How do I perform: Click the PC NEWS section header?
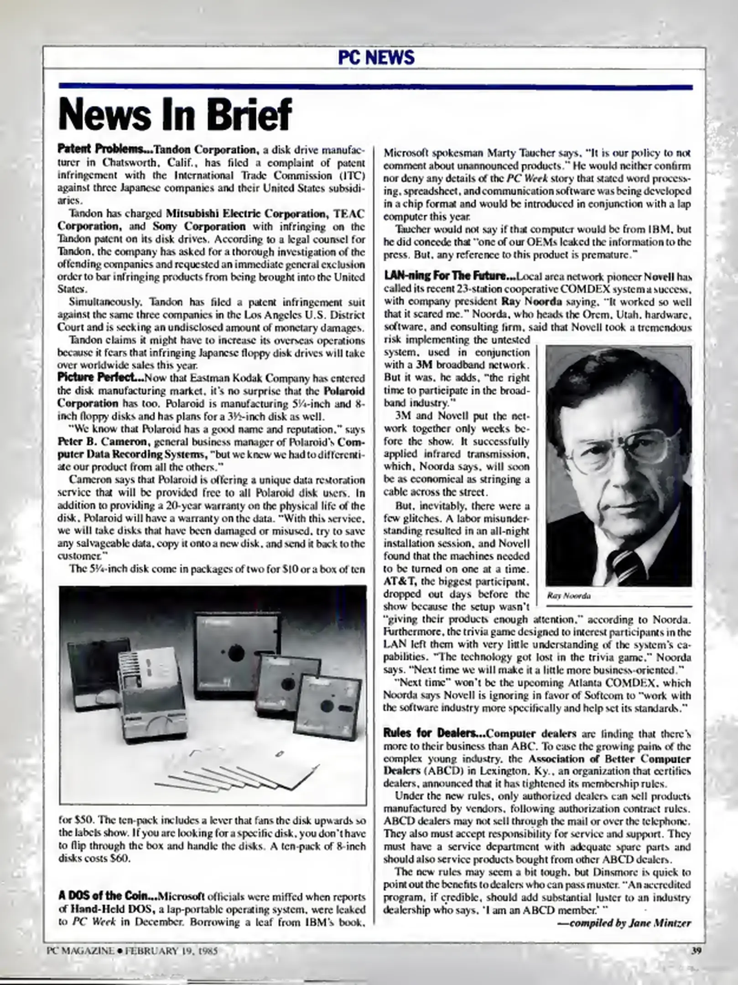[x=376, y=58]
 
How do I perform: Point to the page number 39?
[x=696, y=951]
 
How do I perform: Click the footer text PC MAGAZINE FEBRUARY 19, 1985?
[x=132, y=951]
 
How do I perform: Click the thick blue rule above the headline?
[x=375, y=87]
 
